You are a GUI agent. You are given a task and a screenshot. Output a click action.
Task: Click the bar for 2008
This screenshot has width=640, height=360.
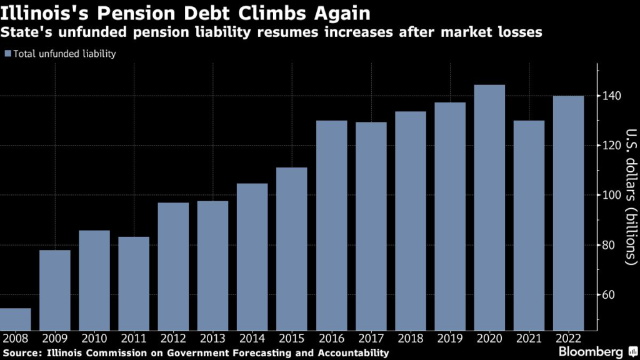point(15,319)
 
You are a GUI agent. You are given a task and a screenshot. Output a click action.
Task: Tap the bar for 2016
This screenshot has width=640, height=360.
point(331,225)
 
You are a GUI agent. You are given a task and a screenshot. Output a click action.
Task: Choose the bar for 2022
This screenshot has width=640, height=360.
point(568,212)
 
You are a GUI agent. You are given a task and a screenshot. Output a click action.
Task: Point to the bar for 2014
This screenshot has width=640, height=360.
point(252,256)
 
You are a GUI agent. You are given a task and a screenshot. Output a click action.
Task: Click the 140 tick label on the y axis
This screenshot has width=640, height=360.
point(612,96)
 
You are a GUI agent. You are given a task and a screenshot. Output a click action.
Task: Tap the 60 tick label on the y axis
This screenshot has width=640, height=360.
point(609,294)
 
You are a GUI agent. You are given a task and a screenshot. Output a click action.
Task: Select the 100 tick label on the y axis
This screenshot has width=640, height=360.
point(612,195)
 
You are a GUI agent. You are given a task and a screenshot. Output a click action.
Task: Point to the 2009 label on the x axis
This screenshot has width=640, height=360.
point(54,338)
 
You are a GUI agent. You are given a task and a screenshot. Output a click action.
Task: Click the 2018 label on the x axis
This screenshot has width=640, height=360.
point(410,338)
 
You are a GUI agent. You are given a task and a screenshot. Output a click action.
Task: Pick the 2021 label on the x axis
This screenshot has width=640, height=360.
point(529,338)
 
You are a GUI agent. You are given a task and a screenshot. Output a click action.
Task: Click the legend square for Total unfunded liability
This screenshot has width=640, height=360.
point(7,54)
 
